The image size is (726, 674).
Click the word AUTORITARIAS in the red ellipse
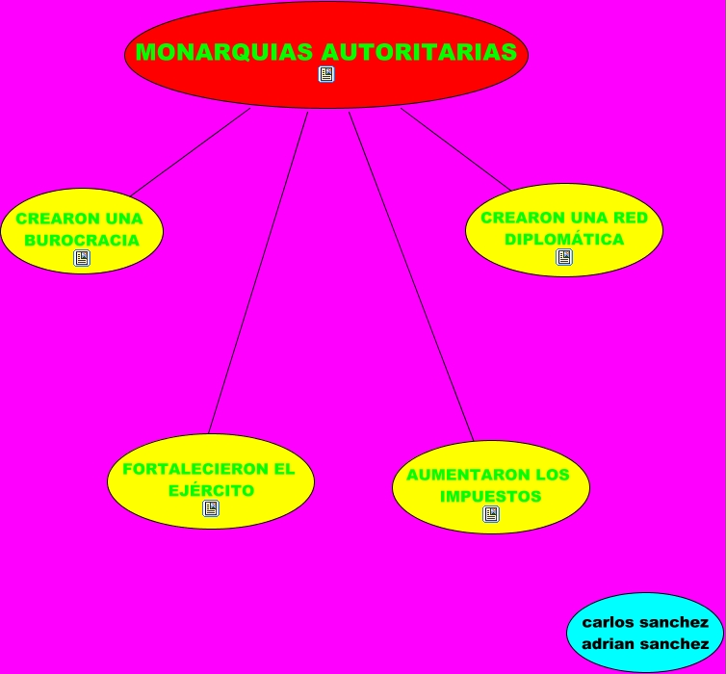point(418,52)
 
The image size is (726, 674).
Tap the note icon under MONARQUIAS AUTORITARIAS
point(326,75)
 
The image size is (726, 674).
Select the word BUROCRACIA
point(81,240)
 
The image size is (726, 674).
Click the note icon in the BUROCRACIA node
point(82,258)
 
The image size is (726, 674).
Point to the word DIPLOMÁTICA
point(564,239)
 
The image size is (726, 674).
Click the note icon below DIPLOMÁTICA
point(564,257)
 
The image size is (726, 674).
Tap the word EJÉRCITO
point(211,490)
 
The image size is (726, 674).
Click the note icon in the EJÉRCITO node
point(211,508)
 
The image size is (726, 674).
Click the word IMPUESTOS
point(490,497)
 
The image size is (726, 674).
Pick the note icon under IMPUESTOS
point(491,515)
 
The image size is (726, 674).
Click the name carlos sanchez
point(645,622)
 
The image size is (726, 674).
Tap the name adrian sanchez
point(645,643)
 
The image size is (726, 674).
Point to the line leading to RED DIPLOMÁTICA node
point(455,148)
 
